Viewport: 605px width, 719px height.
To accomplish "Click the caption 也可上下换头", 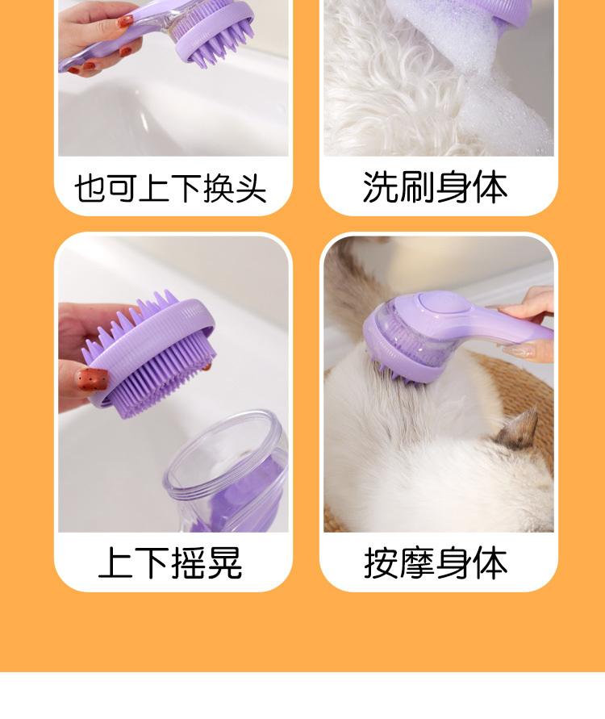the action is point(170,188).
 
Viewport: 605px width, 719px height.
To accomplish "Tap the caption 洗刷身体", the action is point(435,187).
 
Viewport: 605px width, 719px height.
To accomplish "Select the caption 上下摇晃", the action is point(170,562).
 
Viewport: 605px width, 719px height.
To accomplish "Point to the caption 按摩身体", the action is point(436,562).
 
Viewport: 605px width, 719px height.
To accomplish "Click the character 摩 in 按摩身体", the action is point(417,562).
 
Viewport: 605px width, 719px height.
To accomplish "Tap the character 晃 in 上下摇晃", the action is point(225,562).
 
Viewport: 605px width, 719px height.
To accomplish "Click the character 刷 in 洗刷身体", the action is point(416,187).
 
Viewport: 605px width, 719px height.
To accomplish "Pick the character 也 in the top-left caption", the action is point(90,188).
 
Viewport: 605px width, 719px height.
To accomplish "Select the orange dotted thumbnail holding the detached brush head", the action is point(93,379).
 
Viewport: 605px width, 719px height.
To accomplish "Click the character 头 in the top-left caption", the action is point(250,188).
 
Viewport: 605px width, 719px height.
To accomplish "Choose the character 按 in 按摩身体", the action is point(382,562).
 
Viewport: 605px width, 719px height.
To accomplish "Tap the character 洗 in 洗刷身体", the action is point(380,187).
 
